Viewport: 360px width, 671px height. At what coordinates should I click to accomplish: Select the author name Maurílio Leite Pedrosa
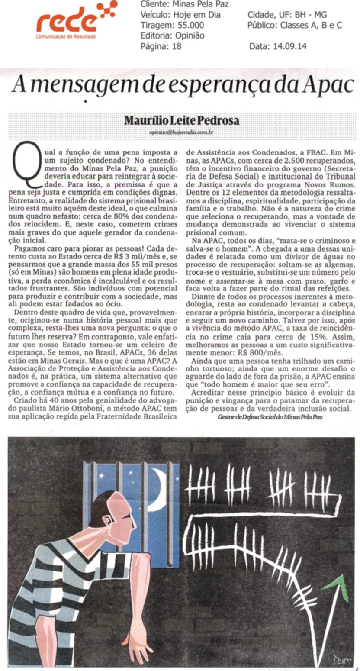[182, 120]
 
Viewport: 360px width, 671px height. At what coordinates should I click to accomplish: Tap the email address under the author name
[182, 133]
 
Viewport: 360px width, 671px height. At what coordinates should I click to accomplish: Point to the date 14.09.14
[290, 46]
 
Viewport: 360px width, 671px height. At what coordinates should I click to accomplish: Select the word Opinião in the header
[190, 36]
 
